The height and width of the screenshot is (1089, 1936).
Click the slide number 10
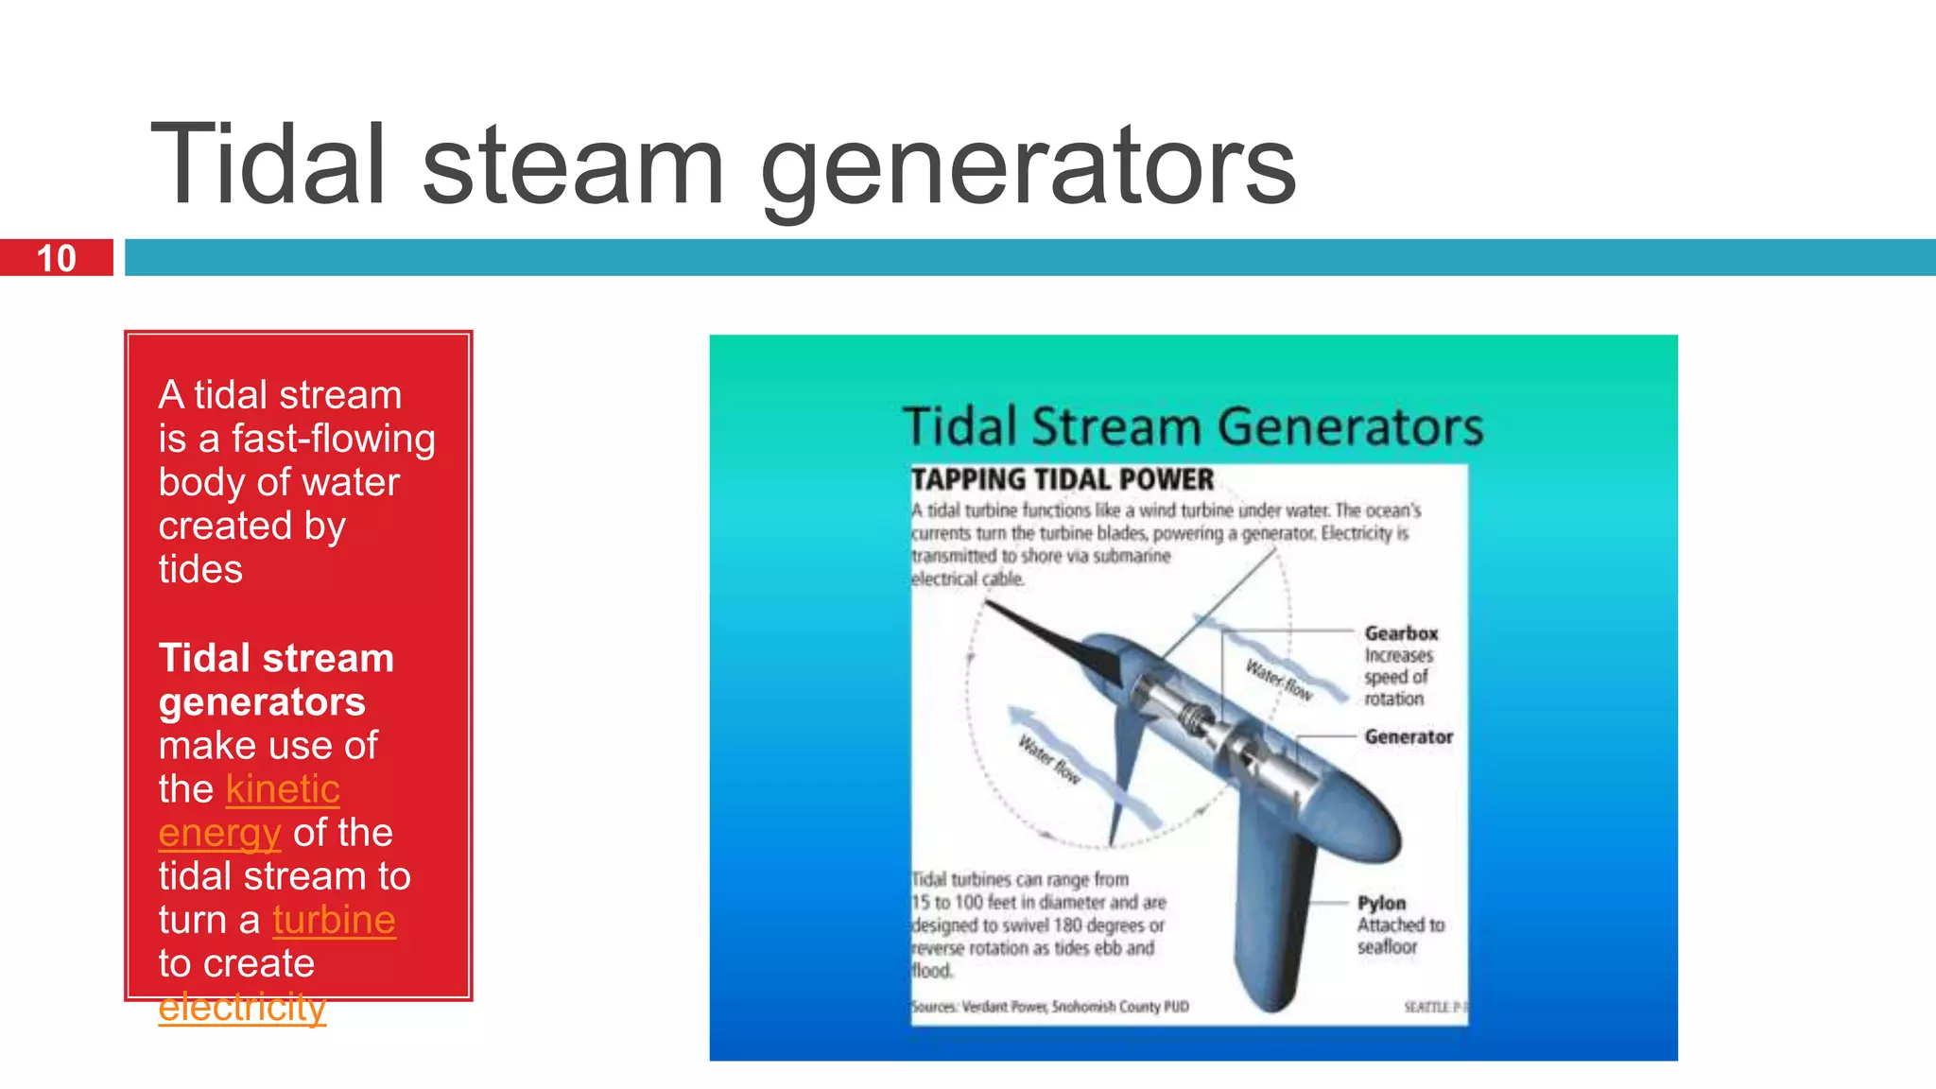coord(57,258)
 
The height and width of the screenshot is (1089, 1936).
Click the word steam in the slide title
coord(572,165)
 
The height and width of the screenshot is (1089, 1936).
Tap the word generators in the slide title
coord(1028,168)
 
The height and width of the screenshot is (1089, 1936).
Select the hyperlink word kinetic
coord(283,789)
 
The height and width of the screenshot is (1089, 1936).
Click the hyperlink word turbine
coord(334,920)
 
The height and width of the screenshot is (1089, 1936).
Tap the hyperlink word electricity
coord(242,1008)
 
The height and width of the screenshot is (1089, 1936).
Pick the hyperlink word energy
coord(219,834)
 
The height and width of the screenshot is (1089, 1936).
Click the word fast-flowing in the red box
coord(334,439)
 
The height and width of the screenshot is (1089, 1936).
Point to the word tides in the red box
coord(200,570)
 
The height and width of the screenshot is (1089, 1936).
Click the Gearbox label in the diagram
coord(1401,633)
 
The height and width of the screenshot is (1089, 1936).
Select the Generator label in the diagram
coord(1409,736)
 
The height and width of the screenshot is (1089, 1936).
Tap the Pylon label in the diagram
coord(1381,903)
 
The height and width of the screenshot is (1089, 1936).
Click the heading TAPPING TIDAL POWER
coord(1063,479)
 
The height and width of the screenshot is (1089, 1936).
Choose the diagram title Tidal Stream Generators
coord(1193,426)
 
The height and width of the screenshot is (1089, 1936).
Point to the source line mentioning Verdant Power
coord(1049,1007)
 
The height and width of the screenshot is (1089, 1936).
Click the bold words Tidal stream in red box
coord(276,659)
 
